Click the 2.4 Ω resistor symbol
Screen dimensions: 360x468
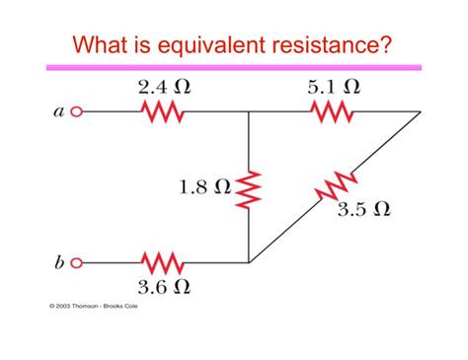coord(164,112)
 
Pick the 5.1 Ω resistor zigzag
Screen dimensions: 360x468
coord(333,112)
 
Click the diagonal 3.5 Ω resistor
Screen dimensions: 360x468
coord(339,187)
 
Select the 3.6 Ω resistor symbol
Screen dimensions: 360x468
coord(164,263)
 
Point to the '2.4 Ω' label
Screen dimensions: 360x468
coord(164,87)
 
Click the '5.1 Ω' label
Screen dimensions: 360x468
coord(334,87)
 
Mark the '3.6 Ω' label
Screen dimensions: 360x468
coord(164,288)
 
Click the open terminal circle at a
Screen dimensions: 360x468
coord(76,113)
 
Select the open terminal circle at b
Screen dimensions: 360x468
coord(76,263)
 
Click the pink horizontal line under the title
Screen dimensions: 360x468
coord(234,67)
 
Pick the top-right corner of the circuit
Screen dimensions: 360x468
coord(420,112)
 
